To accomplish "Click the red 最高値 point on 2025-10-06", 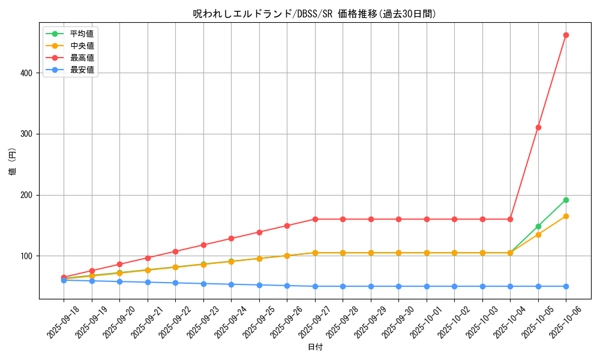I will (566, 35).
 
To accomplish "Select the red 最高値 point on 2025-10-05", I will (538, 127).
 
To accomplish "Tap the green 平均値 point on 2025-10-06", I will (566, 200).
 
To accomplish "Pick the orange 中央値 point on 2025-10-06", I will (566, 216).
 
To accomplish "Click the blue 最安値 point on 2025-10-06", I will (566, 286).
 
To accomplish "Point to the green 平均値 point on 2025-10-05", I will (538, 226).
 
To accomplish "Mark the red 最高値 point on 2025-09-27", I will (315, 219).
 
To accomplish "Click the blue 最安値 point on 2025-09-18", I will (64, 280).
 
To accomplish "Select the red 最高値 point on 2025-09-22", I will (175, 251).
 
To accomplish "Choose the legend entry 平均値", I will (82, 34).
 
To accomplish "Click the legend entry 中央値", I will (82, 46).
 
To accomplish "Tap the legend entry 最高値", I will (82, 58).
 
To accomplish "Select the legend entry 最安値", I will (82, 70).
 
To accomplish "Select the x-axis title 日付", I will (315, 347).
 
